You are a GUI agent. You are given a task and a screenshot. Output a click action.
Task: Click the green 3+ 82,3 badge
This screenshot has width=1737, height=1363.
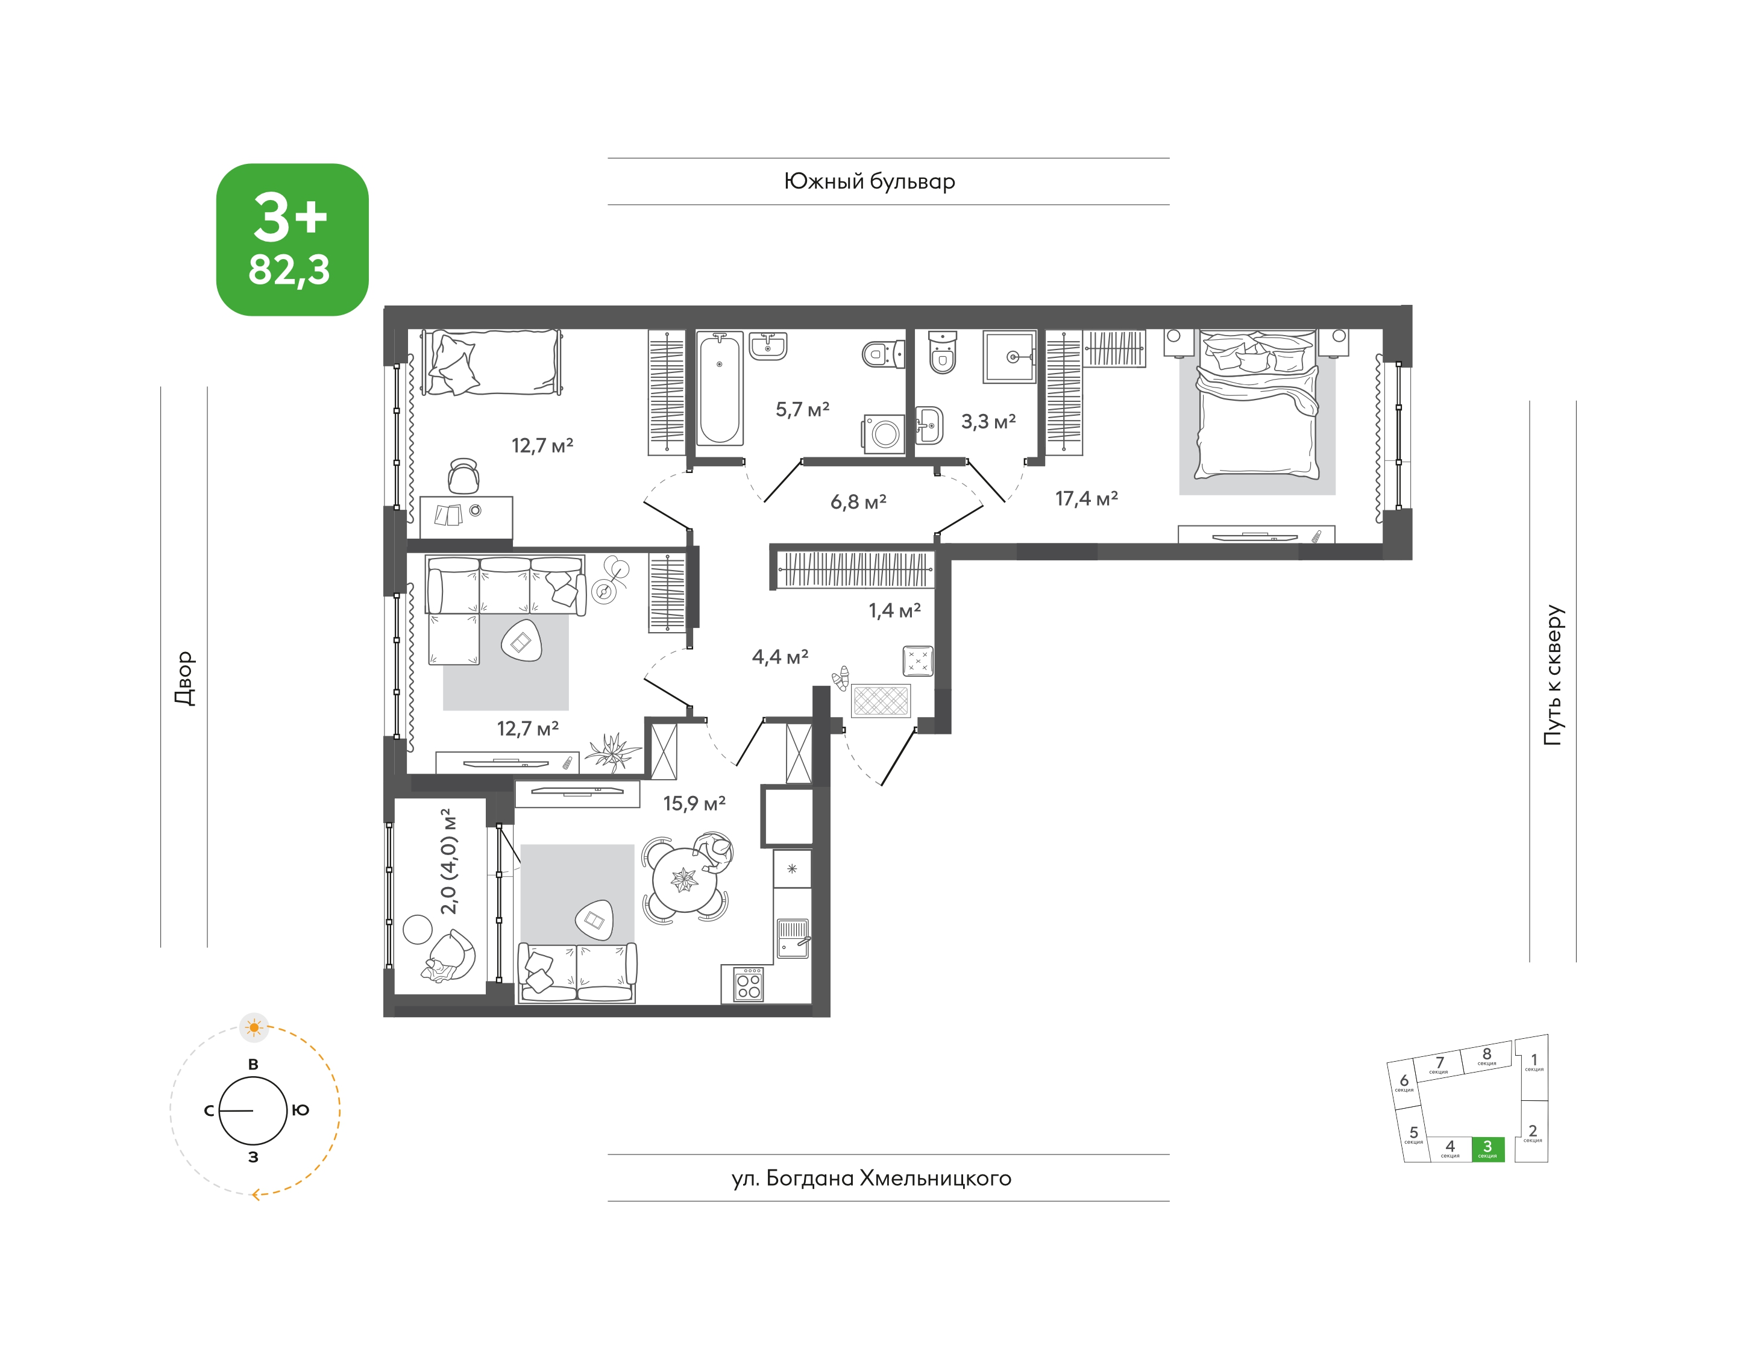pyautogui.click(x=292, y=239)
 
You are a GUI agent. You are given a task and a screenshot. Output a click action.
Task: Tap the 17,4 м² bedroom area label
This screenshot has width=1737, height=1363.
pyautogui.click(x=1087, y=499)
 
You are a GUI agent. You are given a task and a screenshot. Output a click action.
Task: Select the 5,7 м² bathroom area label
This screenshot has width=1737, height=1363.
pyautogui.click(x=802, y=409)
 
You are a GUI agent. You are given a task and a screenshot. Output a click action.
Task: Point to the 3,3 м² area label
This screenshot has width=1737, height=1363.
pyautogui.click(x=988, y=421)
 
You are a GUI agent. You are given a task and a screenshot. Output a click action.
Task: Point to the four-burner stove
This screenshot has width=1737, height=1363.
pyautogui.click(x=748, y=984)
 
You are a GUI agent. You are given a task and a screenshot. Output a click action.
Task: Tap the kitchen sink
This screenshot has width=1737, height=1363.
pyautogui.click(x=793, y=938)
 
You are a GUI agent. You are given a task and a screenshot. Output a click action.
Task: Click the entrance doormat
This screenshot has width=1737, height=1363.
pyautogui.click(x=881, y=701)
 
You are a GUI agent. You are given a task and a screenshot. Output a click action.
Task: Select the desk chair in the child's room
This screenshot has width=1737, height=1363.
pyautogui.click(x=464, y=477)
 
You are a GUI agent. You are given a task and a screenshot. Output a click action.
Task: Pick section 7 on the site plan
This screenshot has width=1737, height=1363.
pyautogui.click(x=1439, y=1065)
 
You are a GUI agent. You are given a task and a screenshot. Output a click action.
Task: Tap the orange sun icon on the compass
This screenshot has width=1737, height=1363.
pyautogui.click(x=254, y=1027)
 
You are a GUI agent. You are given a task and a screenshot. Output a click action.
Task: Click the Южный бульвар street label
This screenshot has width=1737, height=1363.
pyautogui.click(x=869, y=182)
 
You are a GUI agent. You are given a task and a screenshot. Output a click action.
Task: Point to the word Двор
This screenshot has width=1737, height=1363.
pyautogui.click(x=184, y=678)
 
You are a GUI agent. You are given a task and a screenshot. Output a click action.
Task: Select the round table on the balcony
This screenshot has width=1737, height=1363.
pyautogui.click(x=418, y=930)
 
